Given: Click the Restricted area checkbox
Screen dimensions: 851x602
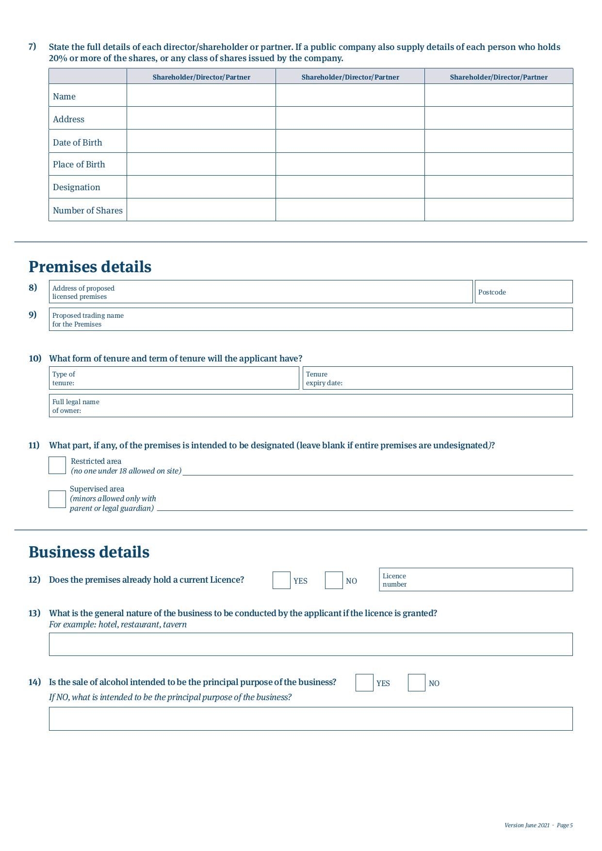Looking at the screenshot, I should (x=57, y=465).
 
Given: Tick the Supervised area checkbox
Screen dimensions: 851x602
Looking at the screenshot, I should (x=57, y=499).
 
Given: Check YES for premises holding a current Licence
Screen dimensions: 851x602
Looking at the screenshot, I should (x=281, y=580).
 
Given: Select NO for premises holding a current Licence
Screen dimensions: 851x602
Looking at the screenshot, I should (x=334, y=580).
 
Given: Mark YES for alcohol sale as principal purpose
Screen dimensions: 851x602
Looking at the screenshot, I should (x=364, y=683).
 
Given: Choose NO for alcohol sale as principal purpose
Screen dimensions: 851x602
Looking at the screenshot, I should (x=417, y=683).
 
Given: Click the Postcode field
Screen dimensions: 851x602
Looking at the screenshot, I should (x=524, y=292).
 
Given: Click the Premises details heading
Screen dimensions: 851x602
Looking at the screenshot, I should (x=90, y=267).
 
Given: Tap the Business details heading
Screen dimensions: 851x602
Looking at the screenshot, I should (x=89, y=552).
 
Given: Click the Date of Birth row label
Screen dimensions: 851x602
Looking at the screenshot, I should (x=78, y=143).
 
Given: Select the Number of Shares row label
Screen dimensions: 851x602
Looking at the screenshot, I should (x=88, y=211).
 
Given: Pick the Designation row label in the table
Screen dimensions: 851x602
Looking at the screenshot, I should (x=77, y=187).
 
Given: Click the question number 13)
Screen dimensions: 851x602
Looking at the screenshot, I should (x=34, y=613).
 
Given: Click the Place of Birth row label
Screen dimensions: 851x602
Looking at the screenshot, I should (x=79, y=164).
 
